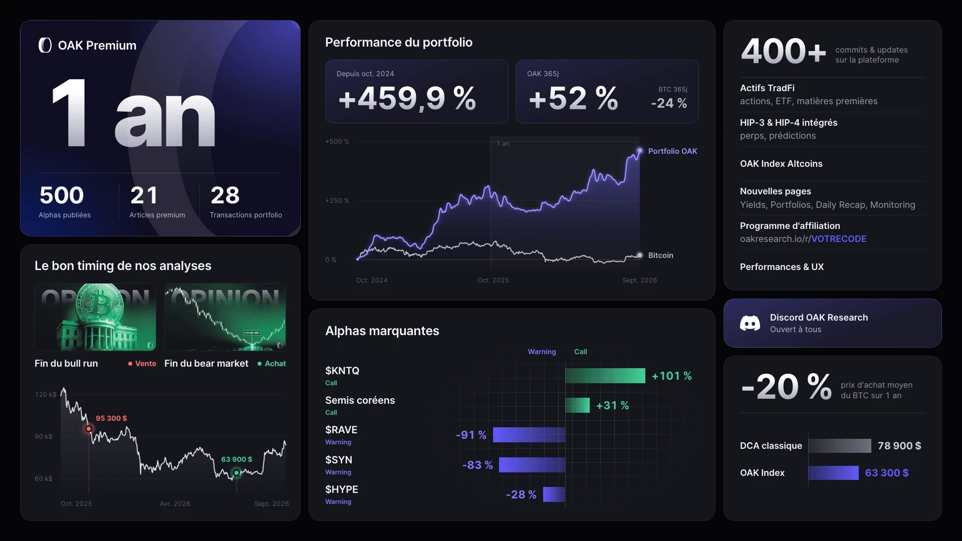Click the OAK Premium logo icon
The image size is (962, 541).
click(45, 45)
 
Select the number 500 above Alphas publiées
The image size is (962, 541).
click(62, 195)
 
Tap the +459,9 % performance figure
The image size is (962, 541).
click(407, 98)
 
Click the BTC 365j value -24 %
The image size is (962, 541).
click(669, 103)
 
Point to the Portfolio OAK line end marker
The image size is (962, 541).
click(640, 151)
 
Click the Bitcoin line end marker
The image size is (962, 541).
click(640, 255)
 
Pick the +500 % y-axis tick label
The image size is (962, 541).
click(337, 142)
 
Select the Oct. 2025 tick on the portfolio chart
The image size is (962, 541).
click(493, 280)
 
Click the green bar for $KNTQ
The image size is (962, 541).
click(605, 376)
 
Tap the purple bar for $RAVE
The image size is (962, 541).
click(529, 435)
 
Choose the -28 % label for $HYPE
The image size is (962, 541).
click(521, 494)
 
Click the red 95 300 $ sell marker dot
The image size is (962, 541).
click(89, 429)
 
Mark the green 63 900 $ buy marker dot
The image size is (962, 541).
click(236, 472)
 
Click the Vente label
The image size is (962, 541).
click(146, 364)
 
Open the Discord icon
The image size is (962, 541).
click(750, 323)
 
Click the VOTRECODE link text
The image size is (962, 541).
click(839, 239)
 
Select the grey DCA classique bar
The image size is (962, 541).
click(840, 446)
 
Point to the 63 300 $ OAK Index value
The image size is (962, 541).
click(887, 473)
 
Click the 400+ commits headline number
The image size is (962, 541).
click(784, 52)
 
